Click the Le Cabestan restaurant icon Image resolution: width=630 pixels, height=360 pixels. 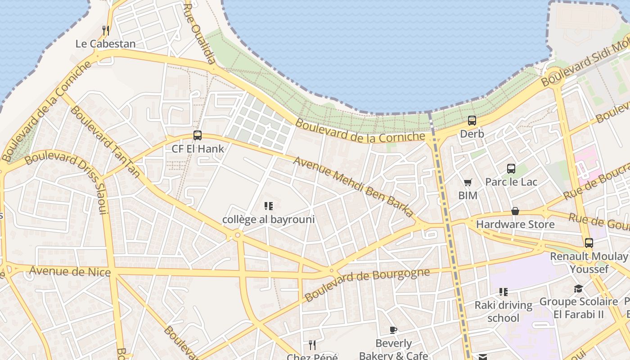(106, 31)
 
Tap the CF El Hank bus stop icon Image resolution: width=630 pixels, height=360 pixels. (197, 135)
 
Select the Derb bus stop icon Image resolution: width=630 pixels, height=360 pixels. (472, 121)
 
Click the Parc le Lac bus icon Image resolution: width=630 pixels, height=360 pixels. (511, 169)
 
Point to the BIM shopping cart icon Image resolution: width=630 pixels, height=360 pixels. (468, 182)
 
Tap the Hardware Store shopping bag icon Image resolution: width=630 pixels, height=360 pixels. (515, 211)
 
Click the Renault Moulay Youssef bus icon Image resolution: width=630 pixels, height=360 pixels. (589, 243)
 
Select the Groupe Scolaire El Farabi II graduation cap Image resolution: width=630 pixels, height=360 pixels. (578, 288)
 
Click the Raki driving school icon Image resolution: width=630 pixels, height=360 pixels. (504, 292)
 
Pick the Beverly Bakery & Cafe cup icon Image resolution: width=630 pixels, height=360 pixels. (393, 330)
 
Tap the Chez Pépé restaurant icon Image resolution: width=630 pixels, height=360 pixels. (312, 345)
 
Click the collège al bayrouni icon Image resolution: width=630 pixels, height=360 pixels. (268, 206)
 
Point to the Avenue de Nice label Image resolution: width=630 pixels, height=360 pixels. (70, 271)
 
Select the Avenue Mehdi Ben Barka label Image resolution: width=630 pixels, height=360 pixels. (353, 186)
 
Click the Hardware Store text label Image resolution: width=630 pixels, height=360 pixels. (515, 224)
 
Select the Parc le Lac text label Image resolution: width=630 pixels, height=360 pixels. (511, 182)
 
